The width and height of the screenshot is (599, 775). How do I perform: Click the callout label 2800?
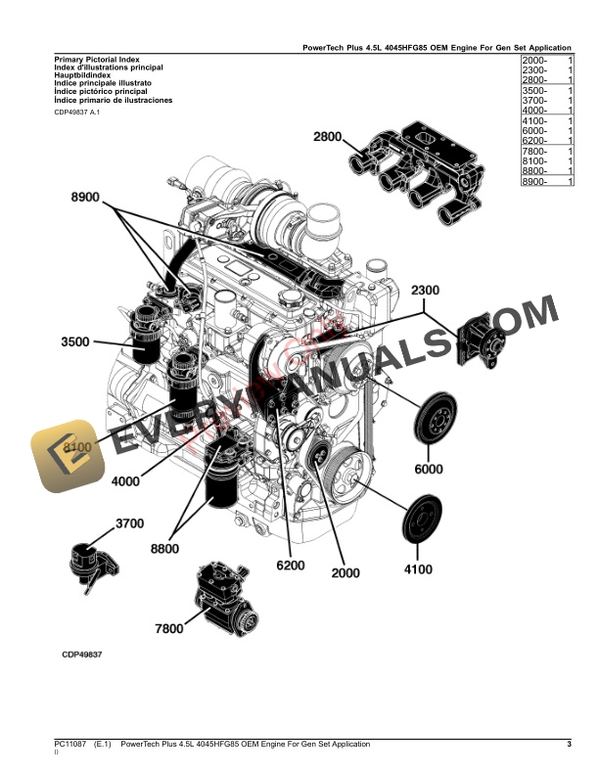pyautogui.click(x=330, y=137)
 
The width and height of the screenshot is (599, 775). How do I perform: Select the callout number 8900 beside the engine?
pyautogui.click(x=86, y=198)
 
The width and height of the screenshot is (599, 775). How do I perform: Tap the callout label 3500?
pyautogui.click(x=75, y=342)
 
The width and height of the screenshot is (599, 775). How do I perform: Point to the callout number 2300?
pyautogui.click(x=426, y=291)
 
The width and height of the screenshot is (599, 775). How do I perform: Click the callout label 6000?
pyautogui.click(x=428, y=469)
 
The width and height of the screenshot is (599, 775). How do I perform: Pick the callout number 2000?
pyautogui.click(x=346, y=572)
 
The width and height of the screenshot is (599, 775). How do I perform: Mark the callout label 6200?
pyautogui.click(x=292, y=566)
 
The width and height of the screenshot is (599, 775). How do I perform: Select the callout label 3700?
pyautogui.click(x=129, y=524)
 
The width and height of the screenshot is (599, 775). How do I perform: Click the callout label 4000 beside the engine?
pyautogui.click(x=125, y=480)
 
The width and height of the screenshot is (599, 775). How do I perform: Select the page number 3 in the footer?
pyautogui.click(x=569, y=745)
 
